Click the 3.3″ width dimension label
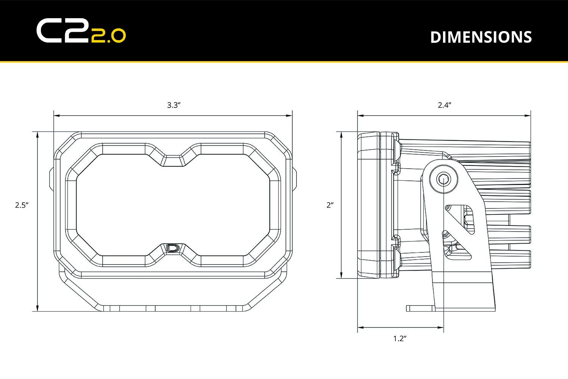pyautogui.click(x=173, y=105)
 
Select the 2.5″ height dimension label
pyautogui.click(x=22, y=205)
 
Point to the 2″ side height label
pyautogui.click(x=330, y=205)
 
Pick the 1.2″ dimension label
pyautogui.click(x=399, y=338)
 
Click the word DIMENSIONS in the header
pyautogui.click(x=481, y=37)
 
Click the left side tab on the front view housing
pyautogui.click(x=51, y=179)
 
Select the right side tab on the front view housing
pyautogui.click(x=295, y=179)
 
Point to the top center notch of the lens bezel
pyautogui.click(x=173, y=160)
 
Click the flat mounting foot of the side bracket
pyautogui.click(x=420, y=308)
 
